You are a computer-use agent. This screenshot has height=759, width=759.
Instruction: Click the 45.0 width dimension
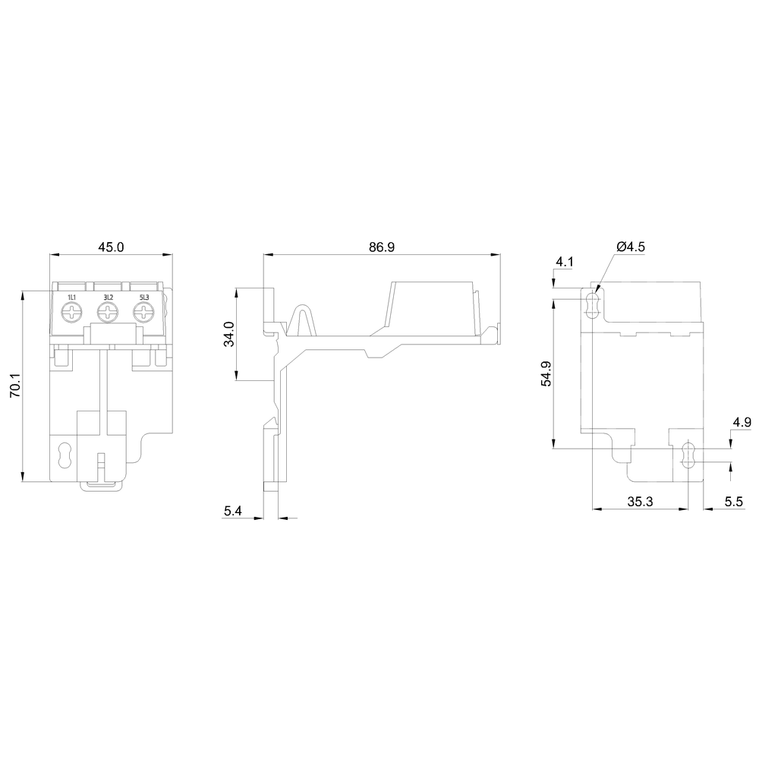coord(111,247)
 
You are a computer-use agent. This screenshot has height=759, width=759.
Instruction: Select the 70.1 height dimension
coord(15,385)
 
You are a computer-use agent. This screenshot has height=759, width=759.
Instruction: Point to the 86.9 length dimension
coord(382,247)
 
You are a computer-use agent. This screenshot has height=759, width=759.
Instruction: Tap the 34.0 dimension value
coord(229,334)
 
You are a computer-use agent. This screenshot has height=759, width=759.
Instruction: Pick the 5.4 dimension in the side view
coord(233,511)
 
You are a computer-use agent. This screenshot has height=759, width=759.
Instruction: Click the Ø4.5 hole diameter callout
coord(631,247)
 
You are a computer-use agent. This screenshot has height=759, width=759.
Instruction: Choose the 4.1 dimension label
coord(565,263)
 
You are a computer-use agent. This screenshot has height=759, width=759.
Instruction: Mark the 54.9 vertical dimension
coord(546,373)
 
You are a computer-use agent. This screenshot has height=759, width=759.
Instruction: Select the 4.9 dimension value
coord(742,422)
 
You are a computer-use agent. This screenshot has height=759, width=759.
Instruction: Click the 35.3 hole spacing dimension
coord(640,502)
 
